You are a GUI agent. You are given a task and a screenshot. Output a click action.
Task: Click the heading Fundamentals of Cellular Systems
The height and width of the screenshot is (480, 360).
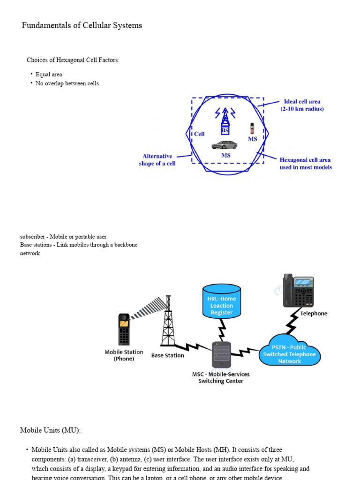(x=82, y=25)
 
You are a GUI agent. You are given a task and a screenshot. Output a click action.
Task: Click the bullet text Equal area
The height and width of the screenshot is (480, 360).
(x=49, y=75)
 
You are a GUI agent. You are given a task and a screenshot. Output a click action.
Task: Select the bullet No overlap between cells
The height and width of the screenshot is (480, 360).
(x=67, y=83)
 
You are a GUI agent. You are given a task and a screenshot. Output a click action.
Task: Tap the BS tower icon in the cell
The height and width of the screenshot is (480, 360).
(x=225, y=121)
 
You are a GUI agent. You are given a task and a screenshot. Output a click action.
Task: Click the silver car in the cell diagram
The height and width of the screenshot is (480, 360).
(x=224, y=145)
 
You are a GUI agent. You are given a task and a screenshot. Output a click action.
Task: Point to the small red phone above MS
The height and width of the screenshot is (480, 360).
(x=252, y=128)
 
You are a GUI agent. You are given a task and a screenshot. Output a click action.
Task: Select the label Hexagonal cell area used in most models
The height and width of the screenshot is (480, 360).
(x=305, y=163)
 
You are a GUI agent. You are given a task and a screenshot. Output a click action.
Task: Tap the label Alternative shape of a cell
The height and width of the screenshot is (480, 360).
(x=157, y=160)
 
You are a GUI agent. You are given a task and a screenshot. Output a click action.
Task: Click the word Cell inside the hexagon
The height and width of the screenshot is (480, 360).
(x=199, y=134)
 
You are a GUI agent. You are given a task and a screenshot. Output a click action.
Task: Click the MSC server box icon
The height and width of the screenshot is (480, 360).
(x=221, y=354)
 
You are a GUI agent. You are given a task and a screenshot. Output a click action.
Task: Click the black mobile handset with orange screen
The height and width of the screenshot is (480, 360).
(x=124, y=329)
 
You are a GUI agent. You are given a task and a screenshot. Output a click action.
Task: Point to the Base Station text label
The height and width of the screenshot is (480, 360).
(x=167, y=356)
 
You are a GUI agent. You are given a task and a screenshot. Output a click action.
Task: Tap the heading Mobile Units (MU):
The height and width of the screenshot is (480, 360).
(x=50, y=430)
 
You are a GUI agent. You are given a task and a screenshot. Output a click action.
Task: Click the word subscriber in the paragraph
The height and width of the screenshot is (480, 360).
(x=33, y=237)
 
